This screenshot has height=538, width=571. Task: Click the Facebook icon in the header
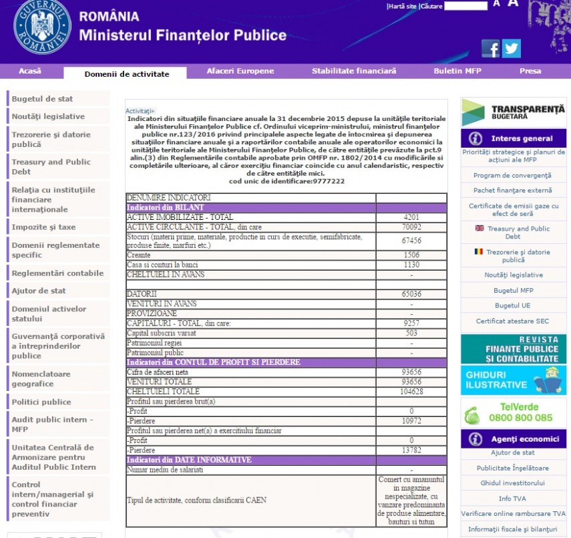tap(490, 49)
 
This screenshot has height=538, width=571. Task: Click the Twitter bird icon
tap(512, 49)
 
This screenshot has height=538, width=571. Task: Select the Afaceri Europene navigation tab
tap(240, 71)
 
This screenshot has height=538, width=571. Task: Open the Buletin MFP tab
tap(457, 71)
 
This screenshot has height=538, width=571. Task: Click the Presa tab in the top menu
tap(530, 71)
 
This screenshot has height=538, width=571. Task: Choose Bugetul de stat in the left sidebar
tap(42, 99)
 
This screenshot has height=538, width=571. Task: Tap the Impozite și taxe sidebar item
tap(43, 227)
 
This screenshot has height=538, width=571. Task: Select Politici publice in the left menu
tap(41, 402)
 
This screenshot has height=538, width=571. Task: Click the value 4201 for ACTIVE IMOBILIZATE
tap(411, 218)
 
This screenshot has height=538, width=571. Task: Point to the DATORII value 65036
tap(411, 294)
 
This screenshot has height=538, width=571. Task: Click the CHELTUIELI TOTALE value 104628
tap(411, 392)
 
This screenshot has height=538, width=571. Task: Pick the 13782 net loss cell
tap(411, 450)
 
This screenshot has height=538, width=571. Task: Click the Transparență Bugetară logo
tap(513, 112)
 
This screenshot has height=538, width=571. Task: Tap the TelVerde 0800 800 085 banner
tap(513, 412)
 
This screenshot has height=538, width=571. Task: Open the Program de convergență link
tap(512, 175)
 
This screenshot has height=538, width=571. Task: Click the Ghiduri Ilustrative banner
tap(513, 380)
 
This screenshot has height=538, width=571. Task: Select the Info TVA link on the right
tap(512, 498)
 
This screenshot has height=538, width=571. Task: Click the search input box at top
tap(465, 6)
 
